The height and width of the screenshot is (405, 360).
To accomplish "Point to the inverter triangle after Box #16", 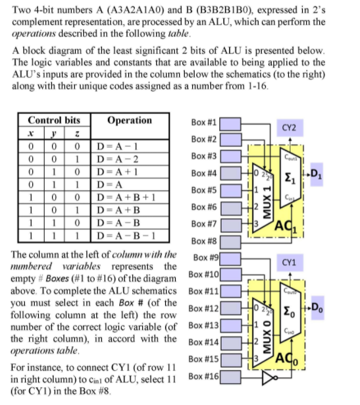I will click(266, 378).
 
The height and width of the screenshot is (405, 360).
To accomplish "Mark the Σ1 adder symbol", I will click(290, 175).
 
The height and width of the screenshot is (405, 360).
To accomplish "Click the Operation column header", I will click(129, 121).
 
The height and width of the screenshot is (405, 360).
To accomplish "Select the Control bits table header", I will click(54, 121).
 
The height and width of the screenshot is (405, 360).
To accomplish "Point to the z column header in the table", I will click(78, 134).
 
